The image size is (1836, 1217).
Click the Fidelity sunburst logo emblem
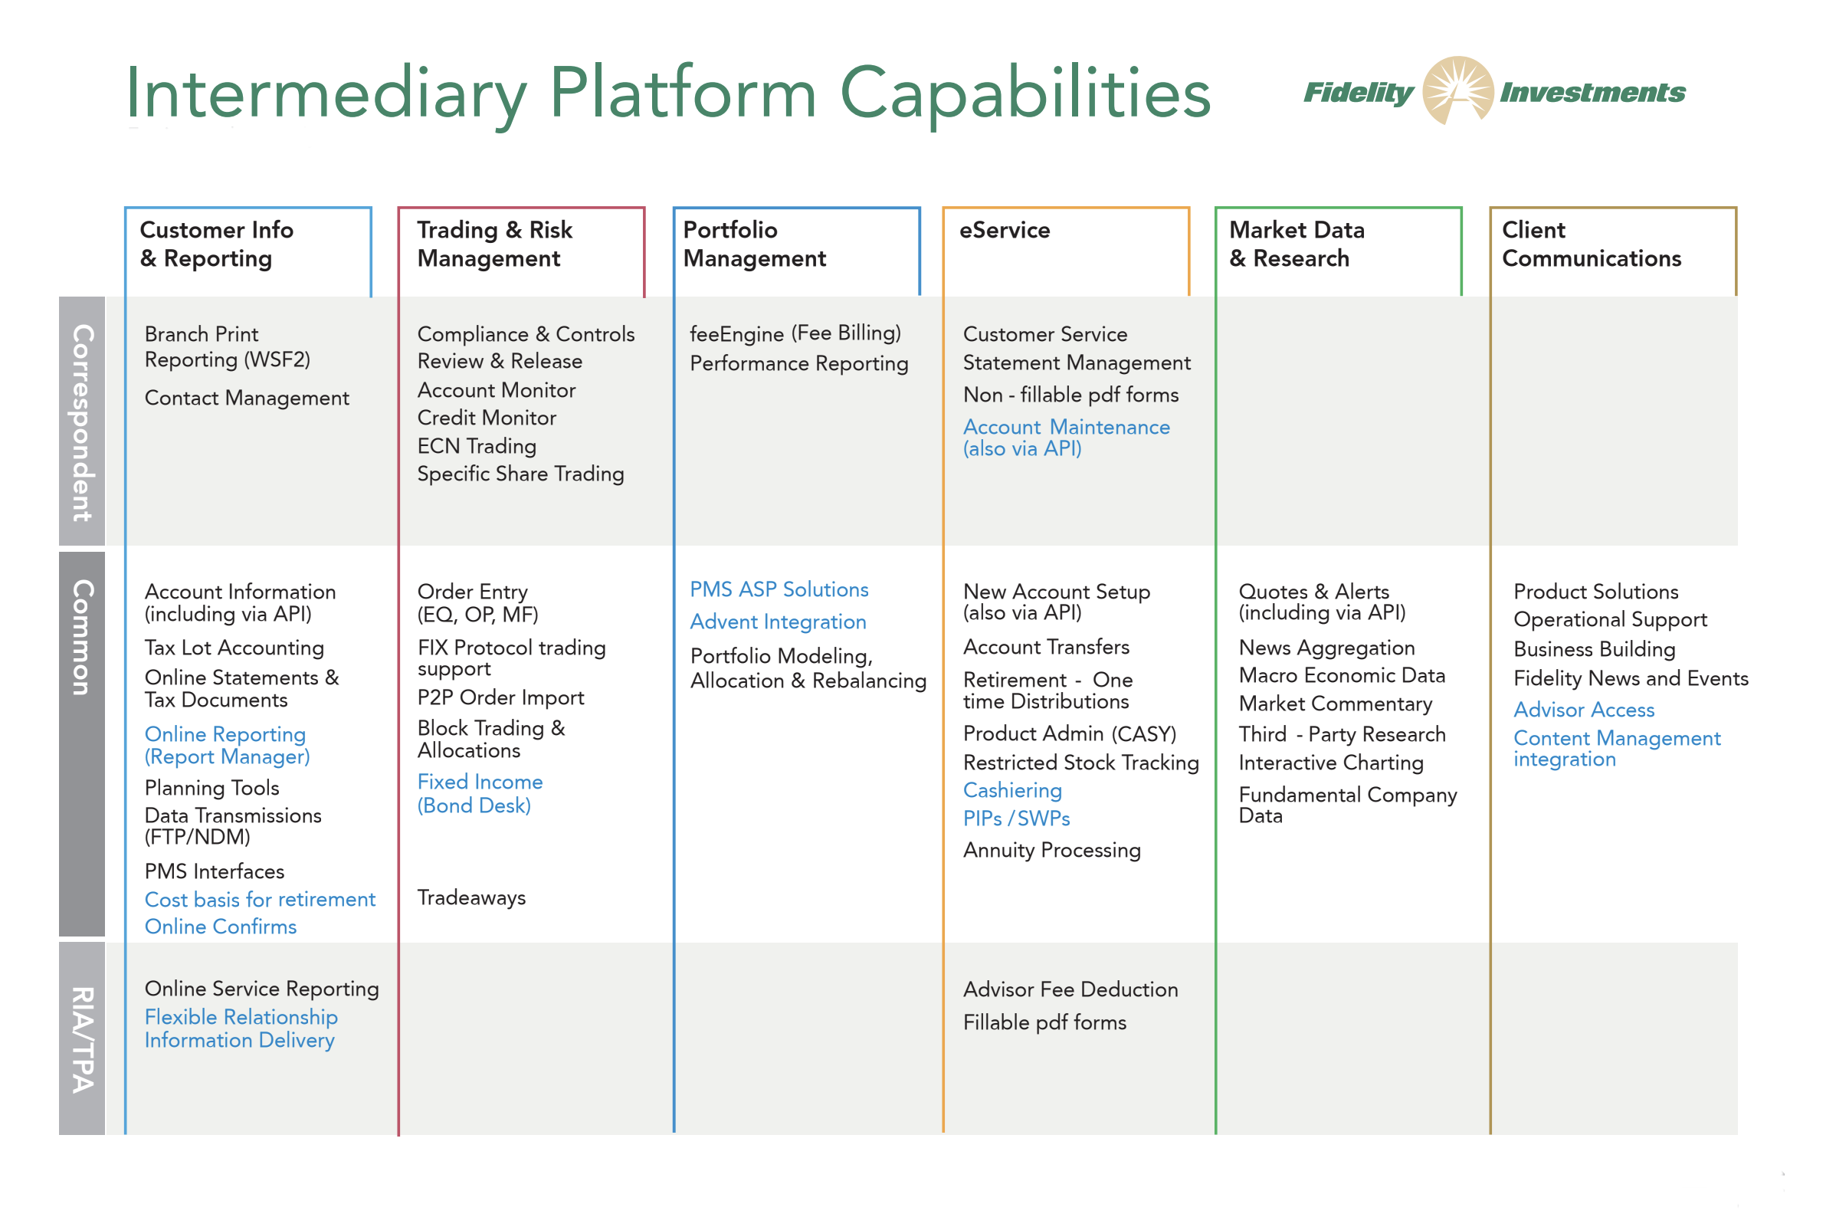[x=1457, y=90]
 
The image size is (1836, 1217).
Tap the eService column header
[x=1004, y=231]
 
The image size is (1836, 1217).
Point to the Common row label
[x=82, y=637]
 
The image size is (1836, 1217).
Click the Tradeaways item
[x=471, y=898]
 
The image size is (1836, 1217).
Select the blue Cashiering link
[x=1012, y=790]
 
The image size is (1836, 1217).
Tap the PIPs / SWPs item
[x=1016, y=818]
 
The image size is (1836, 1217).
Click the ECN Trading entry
[x=477, y=446]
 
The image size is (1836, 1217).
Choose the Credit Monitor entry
[x=487, y=418]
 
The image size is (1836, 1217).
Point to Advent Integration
[x=778, y=622]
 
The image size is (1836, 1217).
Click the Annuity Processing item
[x=1051, y=850]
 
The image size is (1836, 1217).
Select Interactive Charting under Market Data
[x=1330, y=763]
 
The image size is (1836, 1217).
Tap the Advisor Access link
[x=1583, y=710]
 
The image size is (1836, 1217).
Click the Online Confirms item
[x=221, y=927]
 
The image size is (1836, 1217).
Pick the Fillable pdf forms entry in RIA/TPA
[x=1044, y=1022]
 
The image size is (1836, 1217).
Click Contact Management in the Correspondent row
[x=246, y=399]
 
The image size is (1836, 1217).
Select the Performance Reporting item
[x=798, y=363]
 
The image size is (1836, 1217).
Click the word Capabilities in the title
[x=1025, y=93]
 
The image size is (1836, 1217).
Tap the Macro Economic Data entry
[x=1342, y=675]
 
